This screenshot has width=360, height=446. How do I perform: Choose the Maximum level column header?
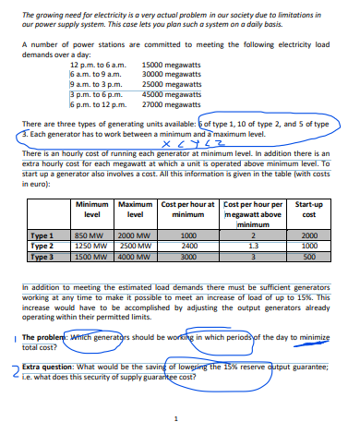pyautogui.click(x=136, y=210)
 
